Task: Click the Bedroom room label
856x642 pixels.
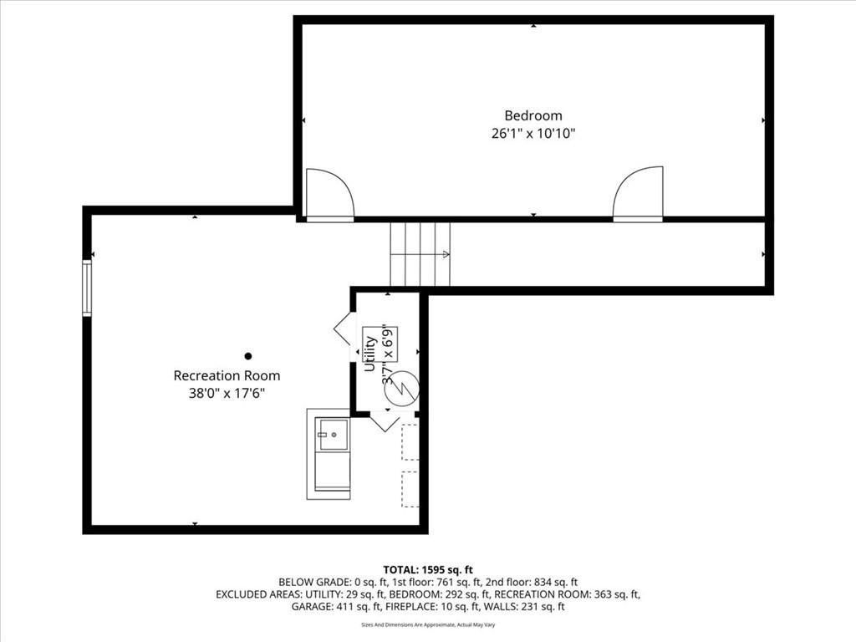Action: click(532, 115)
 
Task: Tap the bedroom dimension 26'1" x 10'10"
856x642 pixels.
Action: click(532, 133)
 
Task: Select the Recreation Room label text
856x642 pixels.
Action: click(227, 375)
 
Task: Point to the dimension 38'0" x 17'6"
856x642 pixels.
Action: click(227, 393)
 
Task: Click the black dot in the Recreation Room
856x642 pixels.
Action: click(247, 356)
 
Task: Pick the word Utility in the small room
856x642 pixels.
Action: click(370, 354)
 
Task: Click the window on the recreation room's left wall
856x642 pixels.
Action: click(87, 288)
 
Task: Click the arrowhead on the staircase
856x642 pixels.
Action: click(446, 254)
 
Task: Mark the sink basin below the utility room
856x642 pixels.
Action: click(333, 435)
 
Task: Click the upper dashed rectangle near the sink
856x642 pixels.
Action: click(410, 441)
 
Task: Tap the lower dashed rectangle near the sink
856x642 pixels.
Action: click(410, 489)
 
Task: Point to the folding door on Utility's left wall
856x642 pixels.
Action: click(342, 328)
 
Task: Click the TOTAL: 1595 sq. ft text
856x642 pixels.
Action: click(428, 570)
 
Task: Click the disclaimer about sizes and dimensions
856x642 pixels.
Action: click(428, 624)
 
